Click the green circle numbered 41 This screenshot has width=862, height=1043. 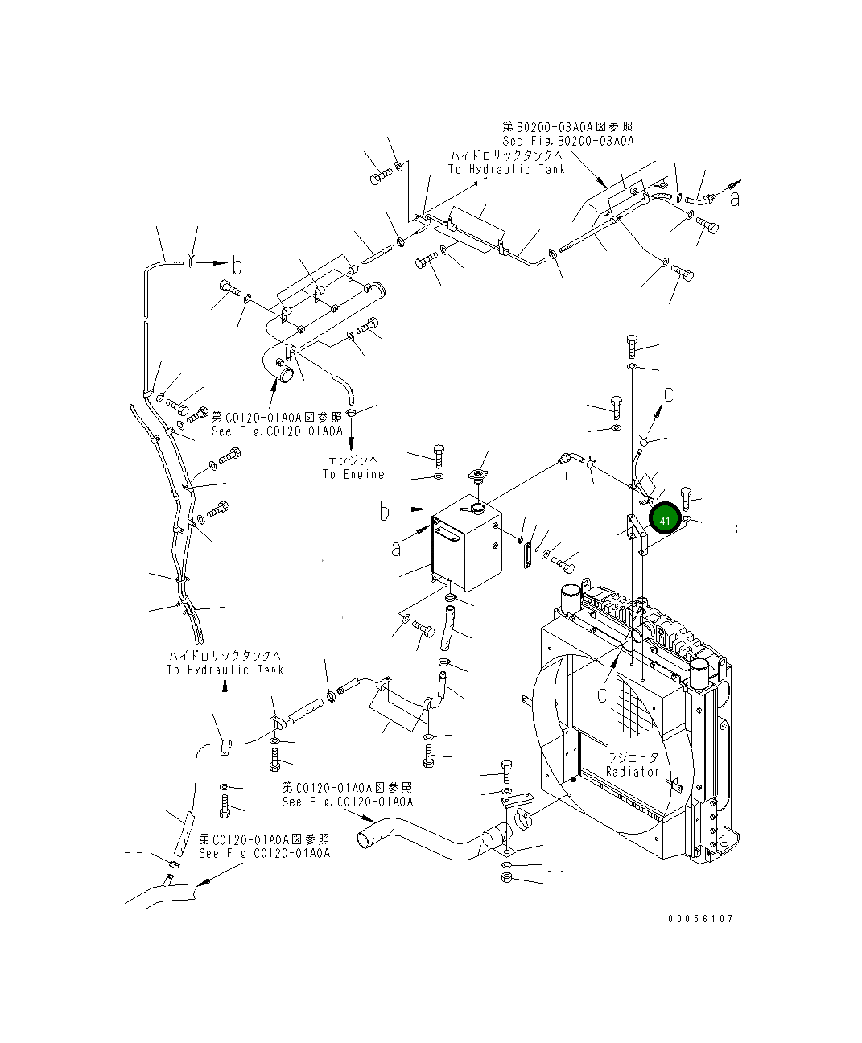pos(665,521)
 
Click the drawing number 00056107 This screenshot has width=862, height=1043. pos(699,919)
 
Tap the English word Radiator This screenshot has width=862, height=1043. pos(633,771)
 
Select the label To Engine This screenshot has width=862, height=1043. pos(353,474)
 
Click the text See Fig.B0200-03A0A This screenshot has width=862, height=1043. pos(568,141)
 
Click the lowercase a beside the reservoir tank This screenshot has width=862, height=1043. pos(395,549)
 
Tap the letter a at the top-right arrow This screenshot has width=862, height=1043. pos(734,199)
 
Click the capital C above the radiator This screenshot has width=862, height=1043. pos(668,394)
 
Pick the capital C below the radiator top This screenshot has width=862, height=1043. pos(602,695)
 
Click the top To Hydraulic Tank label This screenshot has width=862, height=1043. pos(506,169)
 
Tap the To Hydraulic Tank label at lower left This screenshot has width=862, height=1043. pos(225,670)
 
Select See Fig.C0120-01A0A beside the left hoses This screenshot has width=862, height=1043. pos(277,431)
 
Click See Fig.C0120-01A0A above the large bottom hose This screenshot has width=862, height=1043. pos(347,802)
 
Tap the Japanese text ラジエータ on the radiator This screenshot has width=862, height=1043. pos(632,757)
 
